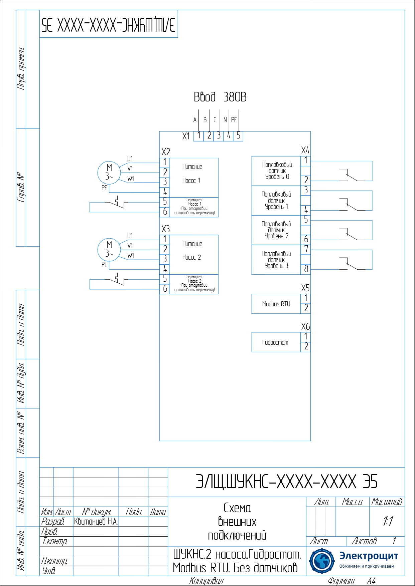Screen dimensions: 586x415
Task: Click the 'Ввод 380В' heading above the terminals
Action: coord(220,97)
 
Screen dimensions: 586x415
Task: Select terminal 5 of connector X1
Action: coord(238,135)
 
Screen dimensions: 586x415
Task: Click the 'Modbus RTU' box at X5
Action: coord(276,304)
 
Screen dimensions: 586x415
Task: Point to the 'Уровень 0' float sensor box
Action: coord(276,171)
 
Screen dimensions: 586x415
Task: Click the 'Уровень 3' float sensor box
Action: coord(276,260)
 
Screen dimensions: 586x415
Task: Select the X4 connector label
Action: coord(305,150)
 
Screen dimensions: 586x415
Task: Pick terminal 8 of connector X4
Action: coord(306,269)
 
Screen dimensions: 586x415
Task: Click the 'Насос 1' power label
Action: coord(191,181)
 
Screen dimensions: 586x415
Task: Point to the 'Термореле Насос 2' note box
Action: coord(194,284)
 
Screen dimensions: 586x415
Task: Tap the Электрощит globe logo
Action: coord(321,561)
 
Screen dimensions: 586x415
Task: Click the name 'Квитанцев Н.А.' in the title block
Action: coord(96,522)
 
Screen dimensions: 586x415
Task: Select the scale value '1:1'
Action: coord(388,521)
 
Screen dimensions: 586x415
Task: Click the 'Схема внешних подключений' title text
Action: coord(237,522)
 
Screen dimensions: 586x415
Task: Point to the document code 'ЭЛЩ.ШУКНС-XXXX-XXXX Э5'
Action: coord(286,482)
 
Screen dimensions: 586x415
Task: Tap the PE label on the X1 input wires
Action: coord(234,120)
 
